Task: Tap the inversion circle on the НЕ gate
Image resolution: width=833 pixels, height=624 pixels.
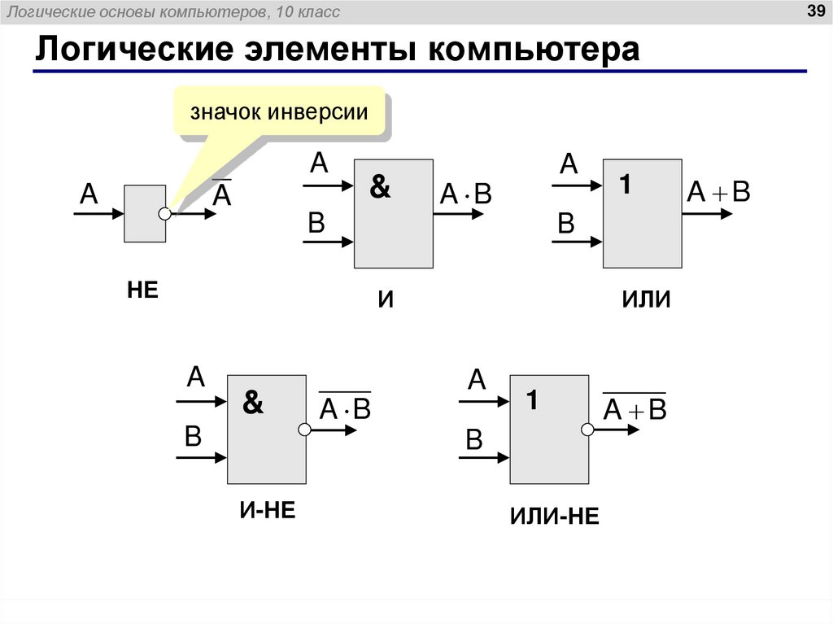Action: (x=165, y=214)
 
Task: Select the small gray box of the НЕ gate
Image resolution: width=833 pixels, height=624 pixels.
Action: (x=144, y=213)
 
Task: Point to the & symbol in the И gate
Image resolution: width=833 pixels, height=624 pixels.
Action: (x=380, y=187)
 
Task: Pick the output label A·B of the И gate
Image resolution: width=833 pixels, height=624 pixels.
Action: (x=466, y=194)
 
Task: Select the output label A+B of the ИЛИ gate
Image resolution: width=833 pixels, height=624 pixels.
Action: (x=718, y=193)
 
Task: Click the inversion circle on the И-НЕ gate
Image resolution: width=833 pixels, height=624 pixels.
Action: (x=303, y=430)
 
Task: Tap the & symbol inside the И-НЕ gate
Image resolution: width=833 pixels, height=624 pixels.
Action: (x=254, y=404)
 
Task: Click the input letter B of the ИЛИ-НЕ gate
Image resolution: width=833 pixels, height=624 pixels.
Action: (x=474, y=440)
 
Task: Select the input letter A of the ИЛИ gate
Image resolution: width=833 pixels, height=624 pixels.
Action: (x=568, y=166)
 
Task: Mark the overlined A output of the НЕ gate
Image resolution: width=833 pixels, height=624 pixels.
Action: (x=222, y=193)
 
